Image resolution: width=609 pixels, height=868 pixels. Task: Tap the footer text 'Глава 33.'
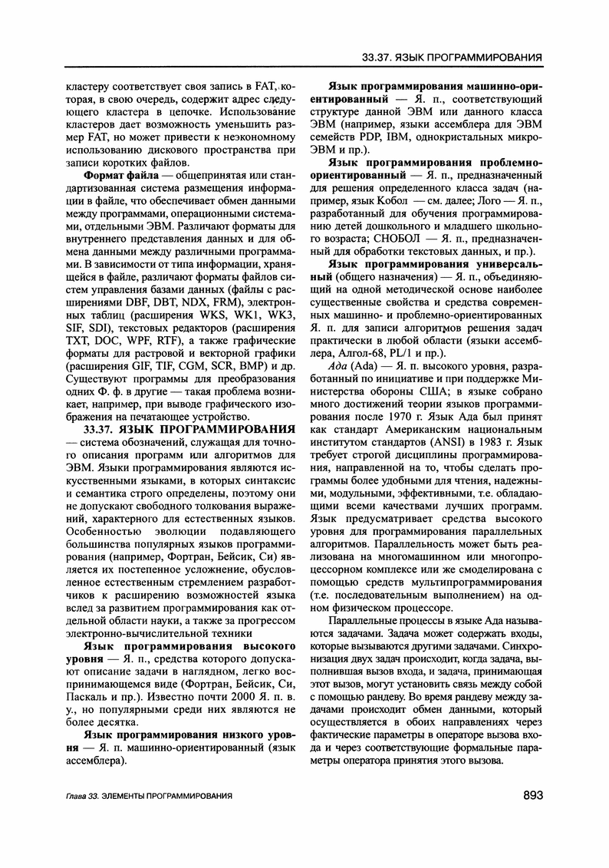[84, 797]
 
